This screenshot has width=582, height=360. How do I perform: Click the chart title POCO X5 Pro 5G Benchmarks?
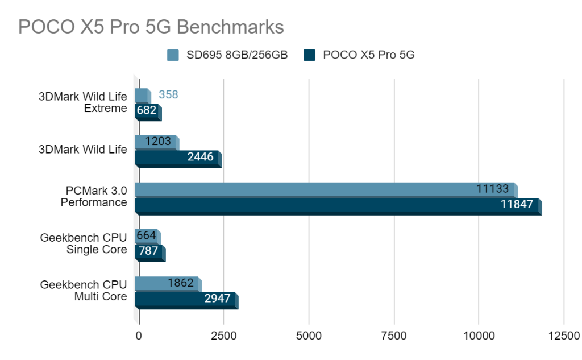(x=151, y=27)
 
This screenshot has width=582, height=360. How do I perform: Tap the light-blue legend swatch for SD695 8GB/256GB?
(x=173, y=55)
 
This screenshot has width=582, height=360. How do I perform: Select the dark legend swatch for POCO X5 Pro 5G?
(x=309, y=55)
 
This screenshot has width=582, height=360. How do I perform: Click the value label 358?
(x=168, y=94)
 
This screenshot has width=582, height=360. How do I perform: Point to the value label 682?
(x=147, y=110)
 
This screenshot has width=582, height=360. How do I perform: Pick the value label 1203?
(x=158, y=141)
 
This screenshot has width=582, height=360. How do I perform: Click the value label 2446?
(x=201, y=156)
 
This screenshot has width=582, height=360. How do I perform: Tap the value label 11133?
(x=493, y=188)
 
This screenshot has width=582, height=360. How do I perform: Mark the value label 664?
(x=146, y=235)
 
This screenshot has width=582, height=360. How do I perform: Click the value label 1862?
(x=181, y=282)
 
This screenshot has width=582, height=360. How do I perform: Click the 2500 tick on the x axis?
(x=224, y=336)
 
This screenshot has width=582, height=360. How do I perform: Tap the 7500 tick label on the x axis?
(x=394, y=336)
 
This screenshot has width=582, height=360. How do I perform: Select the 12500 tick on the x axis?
(x=564, y=336)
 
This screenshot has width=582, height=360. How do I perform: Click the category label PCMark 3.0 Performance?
(x=94, y=196)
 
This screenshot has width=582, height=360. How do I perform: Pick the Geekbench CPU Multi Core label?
(x=84, y=290)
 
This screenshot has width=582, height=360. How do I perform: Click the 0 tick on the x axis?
(x=139, y=336)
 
